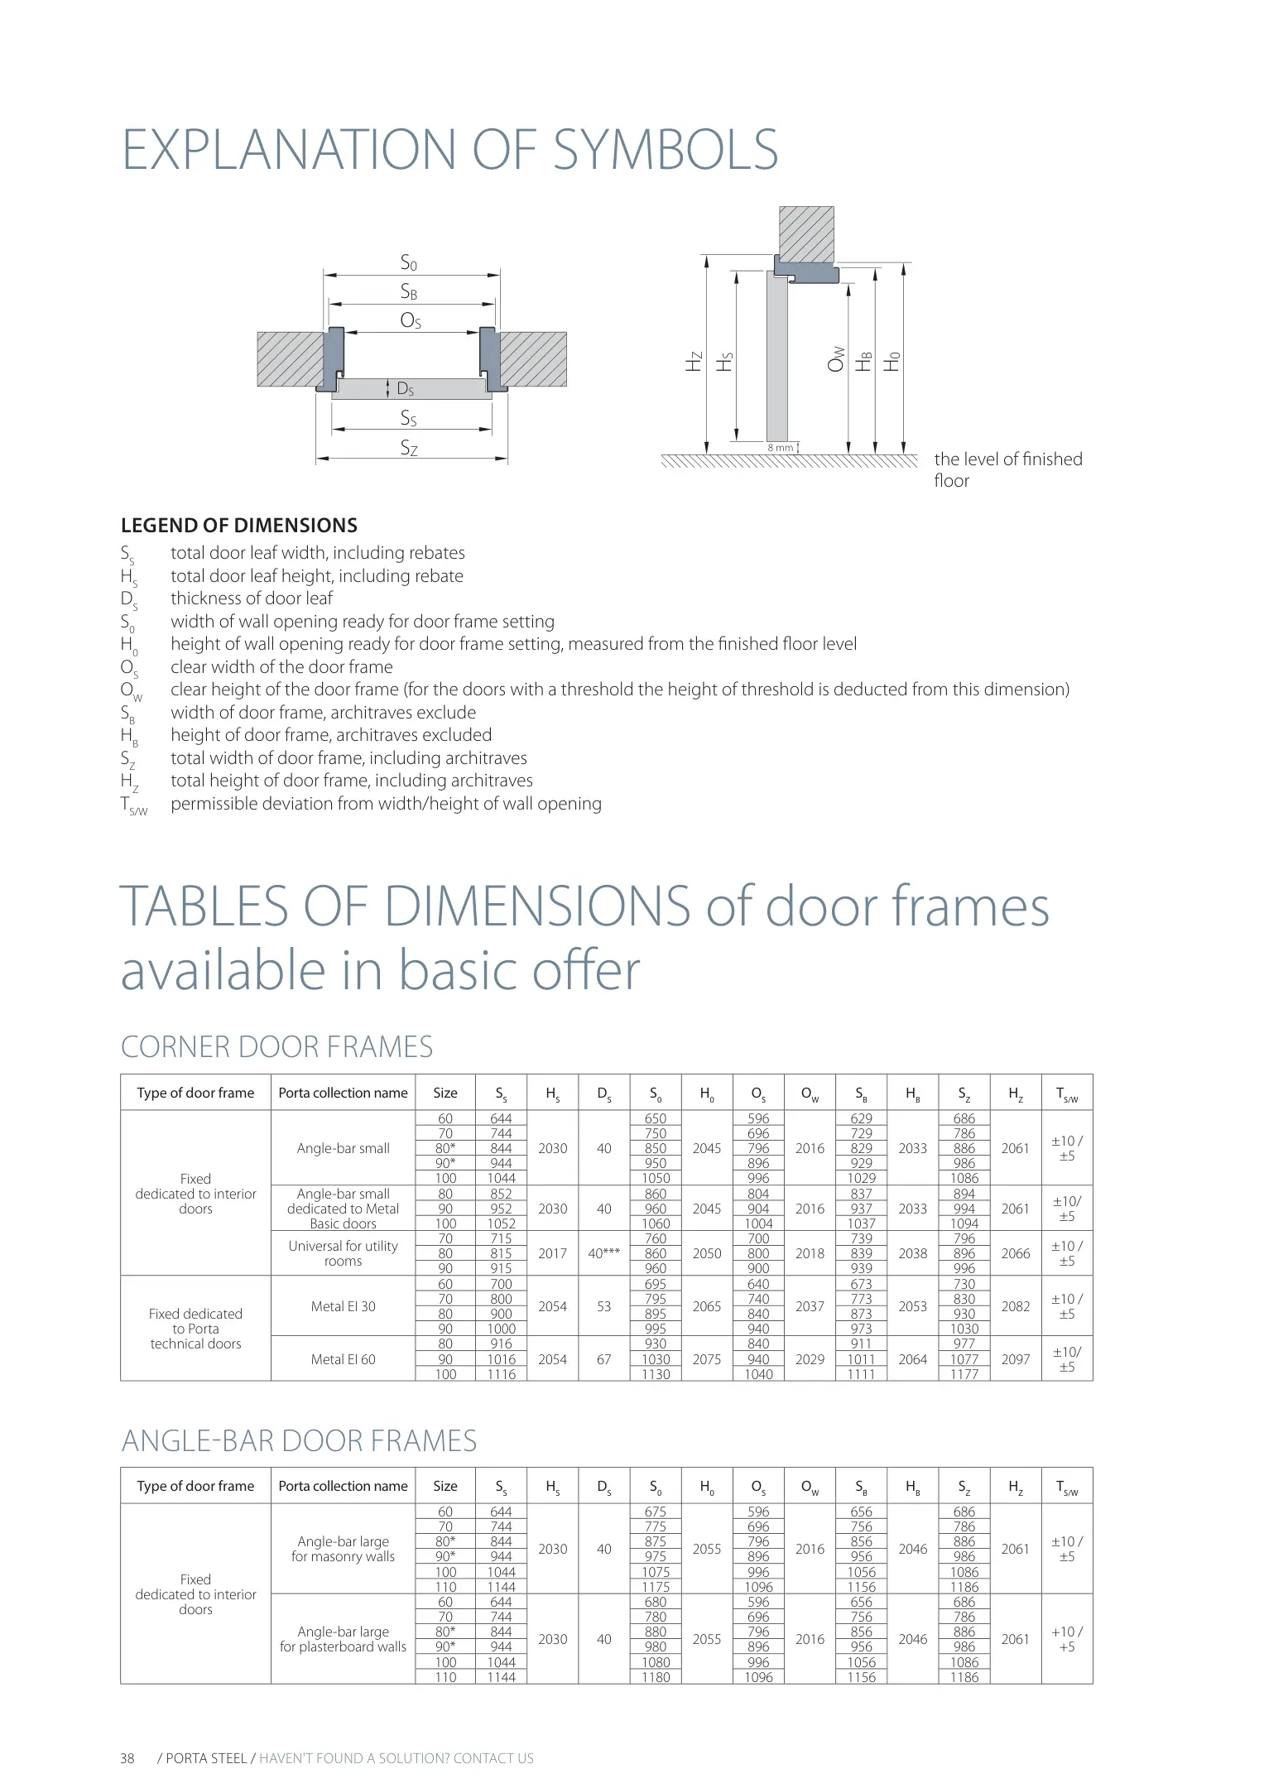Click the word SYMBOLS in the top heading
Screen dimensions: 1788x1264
pos(665,150)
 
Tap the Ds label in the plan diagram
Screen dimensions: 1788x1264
pos(405,389)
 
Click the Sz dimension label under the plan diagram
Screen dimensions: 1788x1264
pos(409,448)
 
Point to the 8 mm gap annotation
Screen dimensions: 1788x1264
pos(780,448)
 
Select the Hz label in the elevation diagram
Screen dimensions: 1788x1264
pos(694,361)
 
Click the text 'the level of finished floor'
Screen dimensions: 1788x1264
pos(1007,469)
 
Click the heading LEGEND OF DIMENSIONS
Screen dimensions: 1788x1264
pos(239,526)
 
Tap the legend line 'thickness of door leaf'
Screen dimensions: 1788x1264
pos(252,598)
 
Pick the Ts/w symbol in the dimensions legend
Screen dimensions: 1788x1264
pos(133,805)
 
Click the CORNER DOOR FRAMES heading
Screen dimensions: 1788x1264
pos(276,1047)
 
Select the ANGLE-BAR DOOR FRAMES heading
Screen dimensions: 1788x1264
pos(299,1441)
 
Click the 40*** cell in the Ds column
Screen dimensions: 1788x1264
pos(603,1253)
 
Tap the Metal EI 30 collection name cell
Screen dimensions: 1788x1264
pos(343,1306)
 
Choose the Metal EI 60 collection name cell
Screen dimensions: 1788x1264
pos(343,1359)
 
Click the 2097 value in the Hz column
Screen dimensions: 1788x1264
pos(1015,1359)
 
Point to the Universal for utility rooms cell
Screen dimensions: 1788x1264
pos(343,1253)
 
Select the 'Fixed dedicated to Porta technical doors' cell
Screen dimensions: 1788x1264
pos(195,1329)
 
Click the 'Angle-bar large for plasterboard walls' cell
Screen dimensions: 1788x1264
pos(343,1639)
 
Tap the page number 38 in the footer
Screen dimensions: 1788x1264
pos(127,1758)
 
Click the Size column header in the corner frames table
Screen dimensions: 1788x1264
pos(445,1093)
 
